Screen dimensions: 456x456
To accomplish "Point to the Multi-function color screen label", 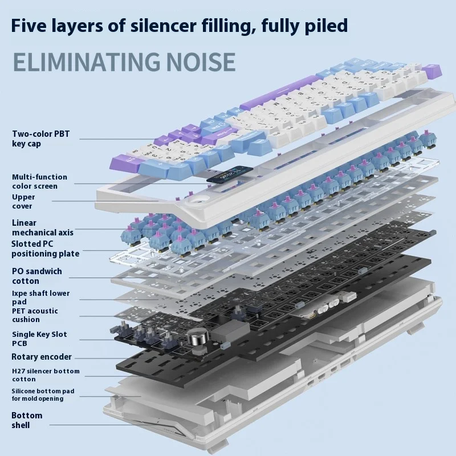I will tap(39, 181).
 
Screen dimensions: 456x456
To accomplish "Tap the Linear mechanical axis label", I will tap(42, 227).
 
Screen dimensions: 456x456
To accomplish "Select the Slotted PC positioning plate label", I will tap(45, 249).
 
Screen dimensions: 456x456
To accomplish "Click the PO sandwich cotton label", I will tap(36, 276).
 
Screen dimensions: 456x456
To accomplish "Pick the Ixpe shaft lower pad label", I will tap(40, 297).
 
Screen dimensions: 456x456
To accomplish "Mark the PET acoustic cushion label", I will tap(35, 315).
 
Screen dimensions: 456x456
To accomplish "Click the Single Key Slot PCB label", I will tap(39, 339).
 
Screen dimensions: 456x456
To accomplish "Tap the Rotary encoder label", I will tap(42, 357).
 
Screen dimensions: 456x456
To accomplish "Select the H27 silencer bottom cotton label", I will tap(46, 374).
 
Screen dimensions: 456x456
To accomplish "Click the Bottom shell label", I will tap(27, 420).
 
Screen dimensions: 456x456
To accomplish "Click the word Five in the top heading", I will tap(31, 26).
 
